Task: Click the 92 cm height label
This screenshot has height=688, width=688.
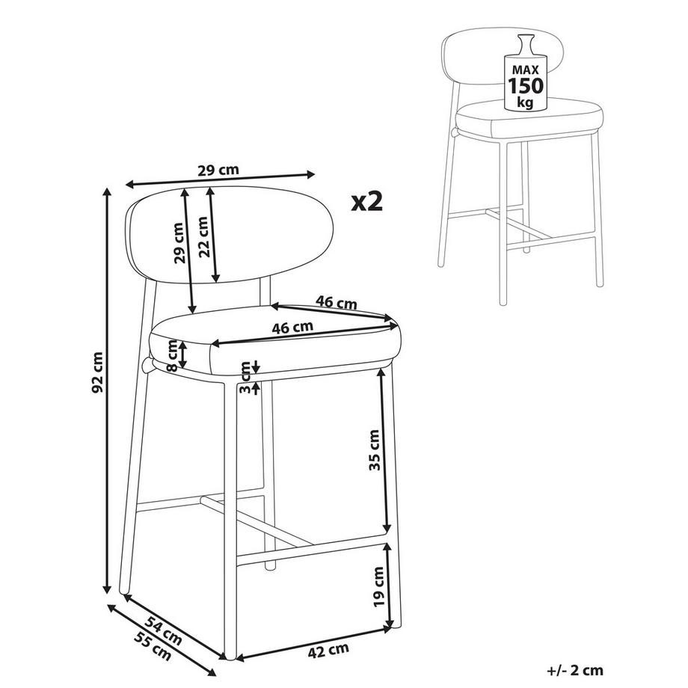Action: (98, 372)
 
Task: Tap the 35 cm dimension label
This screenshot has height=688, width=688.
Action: (374, 450)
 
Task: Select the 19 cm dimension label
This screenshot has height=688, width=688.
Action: (378, 586)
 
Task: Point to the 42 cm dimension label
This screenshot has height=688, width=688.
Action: (328, 651)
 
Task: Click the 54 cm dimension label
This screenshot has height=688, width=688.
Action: (163, 630)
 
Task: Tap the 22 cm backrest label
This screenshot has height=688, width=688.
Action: (203, 237)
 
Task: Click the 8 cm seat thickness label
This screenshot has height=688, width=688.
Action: (173, 356)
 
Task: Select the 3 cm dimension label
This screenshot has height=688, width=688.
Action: (245, 377)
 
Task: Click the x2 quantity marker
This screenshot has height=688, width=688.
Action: (367, 201)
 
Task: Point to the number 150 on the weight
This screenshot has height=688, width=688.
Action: (526, 85)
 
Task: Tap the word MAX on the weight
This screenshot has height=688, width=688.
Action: (526, 70)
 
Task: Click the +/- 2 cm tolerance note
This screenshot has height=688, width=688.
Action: (575, 671)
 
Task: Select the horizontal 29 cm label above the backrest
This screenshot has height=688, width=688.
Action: (218, 170)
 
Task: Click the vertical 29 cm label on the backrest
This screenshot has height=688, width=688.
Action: (179, 242)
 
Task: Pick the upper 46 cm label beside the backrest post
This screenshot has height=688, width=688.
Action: (337, 302)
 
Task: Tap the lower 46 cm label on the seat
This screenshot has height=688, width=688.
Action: (292, 328)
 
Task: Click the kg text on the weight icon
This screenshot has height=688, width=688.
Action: (525, 102)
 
